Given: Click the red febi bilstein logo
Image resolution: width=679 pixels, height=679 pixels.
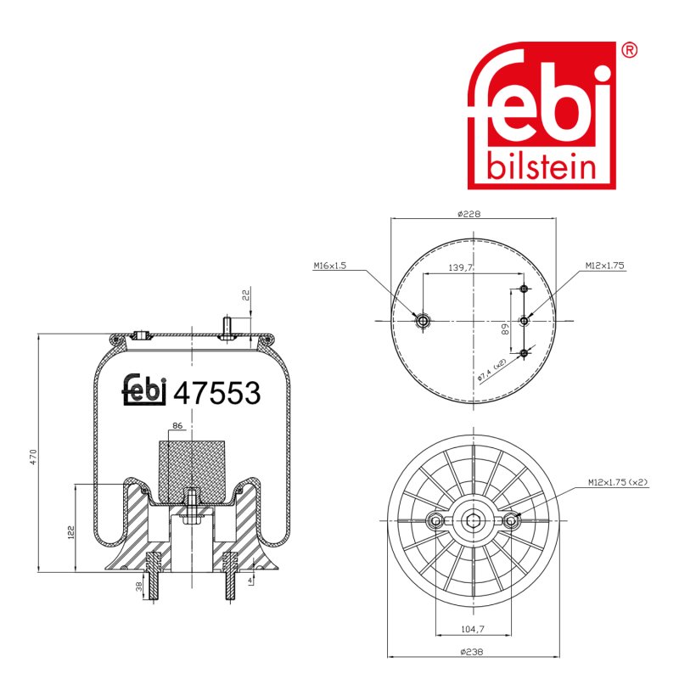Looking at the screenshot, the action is (x=542, y=115).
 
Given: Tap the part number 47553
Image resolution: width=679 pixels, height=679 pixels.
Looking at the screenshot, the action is (x=217, y=393).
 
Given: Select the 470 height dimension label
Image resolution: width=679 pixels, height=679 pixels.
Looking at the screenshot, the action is (x=33, y=457).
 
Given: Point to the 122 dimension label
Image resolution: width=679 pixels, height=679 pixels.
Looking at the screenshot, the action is (x=70, y=533).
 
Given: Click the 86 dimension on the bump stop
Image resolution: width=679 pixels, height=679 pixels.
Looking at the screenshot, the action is (x=177, y=426).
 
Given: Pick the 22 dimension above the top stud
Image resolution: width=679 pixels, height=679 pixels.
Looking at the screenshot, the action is (x=246, y=295).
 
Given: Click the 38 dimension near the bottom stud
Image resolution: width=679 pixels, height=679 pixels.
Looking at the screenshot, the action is (x=138, y=586).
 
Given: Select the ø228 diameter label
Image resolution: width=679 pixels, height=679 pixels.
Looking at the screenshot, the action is (x=469, y=214).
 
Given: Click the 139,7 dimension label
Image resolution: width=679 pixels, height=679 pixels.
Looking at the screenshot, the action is (x=460, y=267).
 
